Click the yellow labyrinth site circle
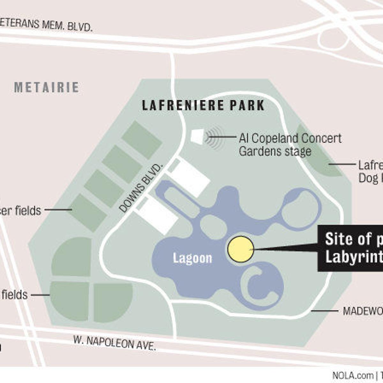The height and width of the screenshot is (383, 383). click(241, 249)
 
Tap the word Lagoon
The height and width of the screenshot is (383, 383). click(192, 258)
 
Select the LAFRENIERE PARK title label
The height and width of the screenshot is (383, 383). click(203, 105)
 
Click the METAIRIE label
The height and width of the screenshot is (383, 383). click(47, 87)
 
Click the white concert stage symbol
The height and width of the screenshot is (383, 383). click(197, 136)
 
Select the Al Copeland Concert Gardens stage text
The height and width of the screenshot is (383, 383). click(290, 145)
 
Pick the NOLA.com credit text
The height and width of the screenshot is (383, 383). click(353, 375)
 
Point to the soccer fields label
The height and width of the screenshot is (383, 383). click(21, 211)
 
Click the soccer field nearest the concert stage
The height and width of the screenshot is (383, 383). click(142, 139)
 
